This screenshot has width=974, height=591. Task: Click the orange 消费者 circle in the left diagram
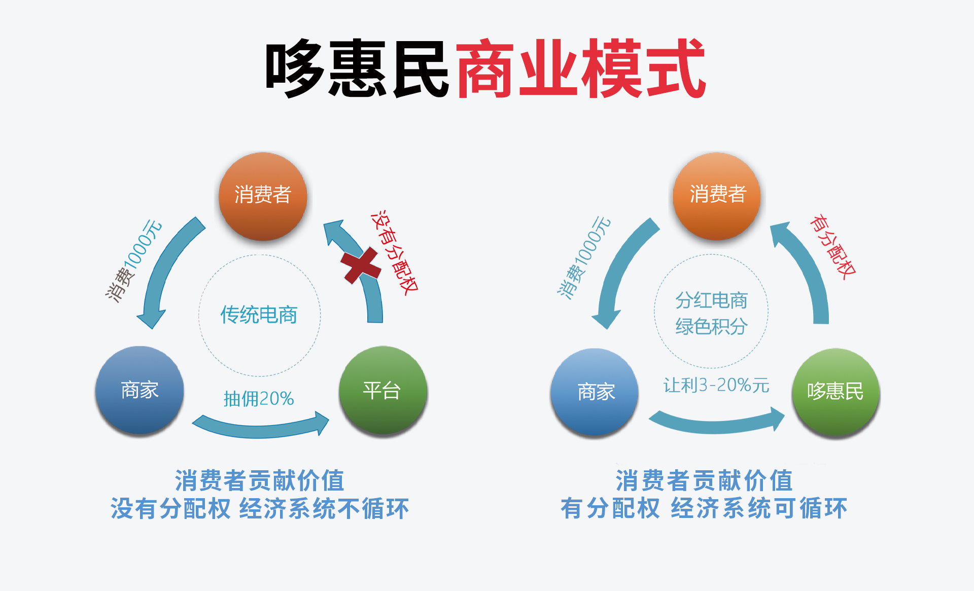[x=263, y=196]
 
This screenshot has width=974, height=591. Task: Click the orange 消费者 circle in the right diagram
[x=717, y=196]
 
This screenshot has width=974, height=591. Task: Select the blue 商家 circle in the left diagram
[x=140, y=390]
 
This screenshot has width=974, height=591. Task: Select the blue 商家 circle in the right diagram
[x=595, y=392]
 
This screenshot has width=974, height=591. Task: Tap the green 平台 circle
[x=383, y=390]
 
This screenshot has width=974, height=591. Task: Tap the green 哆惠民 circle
[x=836, y=392]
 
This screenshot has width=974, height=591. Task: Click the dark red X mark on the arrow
[x=361, y=265]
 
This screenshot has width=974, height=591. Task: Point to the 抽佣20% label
[x=259, y=399]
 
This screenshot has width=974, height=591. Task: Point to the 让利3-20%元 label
[x=716, y=386]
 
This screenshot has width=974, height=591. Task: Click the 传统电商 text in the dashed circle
[x=259, y=315]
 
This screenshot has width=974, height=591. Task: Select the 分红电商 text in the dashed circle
[x=711, y=300]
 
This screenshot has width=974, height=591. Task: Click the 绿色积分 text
[x=711, y=327]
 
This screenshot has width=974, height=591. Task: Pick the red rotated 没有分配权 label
[x=395, y=252]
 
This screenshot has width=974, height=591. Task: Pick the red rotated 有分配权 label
[x=832, y=247]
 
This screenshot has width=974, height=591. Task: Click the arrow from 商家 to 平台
[x=260, y=431]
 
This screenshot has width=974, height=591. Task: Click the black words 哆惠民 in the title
[x=357, y=68]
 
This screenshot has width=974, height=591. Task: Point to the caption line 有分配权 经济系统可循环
[x=704, y=508]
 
